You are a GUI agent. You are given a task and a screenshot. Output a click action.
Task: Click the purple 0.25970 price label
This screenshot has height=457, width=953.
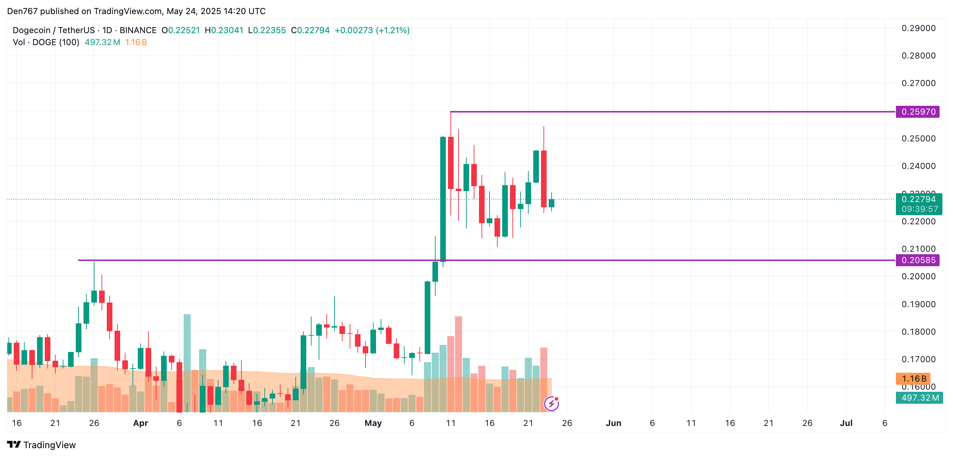(x=917, y=112)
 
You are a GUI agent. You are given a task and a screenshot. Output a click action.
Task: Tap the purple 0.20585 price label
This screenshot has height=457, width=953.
(x=917, y=260)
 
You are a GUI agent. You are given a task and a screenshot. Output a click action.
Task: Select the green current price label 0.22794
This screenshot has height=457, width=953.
(x=918, y=199)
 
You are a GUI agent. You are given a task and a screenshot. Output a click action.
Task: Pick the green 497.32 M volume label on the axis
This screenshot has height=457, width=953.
(x=919, y=398)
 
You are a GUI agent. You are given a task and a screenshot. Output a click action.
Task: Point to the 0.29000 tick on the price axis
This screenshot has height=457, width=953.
(x=918, y=28)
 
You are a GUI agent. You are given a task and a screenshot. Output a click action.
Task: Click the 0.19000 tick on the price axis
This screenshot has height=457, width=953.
(x=918, y=304)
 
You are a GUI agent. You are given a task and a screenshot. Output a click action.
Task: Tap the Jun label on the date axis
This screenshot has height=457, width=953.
(x=613, y=423)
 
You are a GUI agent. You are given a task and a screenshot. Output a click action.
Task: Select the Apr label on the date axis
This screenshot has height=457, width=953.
(x=141, y=423)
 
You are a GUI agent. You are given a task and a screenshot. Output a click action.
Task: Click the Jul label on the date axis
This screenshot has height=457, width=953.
(x=846, y=423)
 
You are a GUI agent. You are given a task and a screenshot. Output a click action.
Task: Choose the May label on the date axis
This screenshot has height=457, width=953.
(x=373, y=423)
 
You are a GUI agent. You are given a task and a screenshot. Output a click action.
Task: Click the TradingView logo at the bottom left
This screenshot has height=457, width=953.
(x=42, y=445)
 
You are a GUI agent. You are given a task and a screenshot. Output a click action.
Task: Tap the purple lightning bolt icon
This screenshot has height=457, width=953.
(x=551, y=403)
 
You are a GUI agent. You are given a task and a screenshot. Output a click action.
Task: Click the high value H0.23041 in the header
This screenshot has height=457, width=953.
(x=224, y=30)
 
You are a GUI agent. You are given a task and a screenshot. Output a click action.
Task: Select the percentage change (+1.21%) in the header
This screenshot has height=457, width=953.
(x=393, y=30)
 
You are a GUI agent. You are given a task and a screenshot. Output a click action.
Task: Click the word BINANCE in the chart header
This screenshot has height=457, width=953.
(x=138, y=30)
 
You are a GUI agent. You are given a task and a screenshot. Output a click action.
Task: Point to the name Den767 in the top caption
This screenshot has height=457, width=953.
(x=22, y=11)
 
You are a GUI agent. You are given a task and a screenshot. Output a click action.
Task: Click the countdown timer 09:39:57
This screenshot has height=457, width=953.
(x=919, y=209)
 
